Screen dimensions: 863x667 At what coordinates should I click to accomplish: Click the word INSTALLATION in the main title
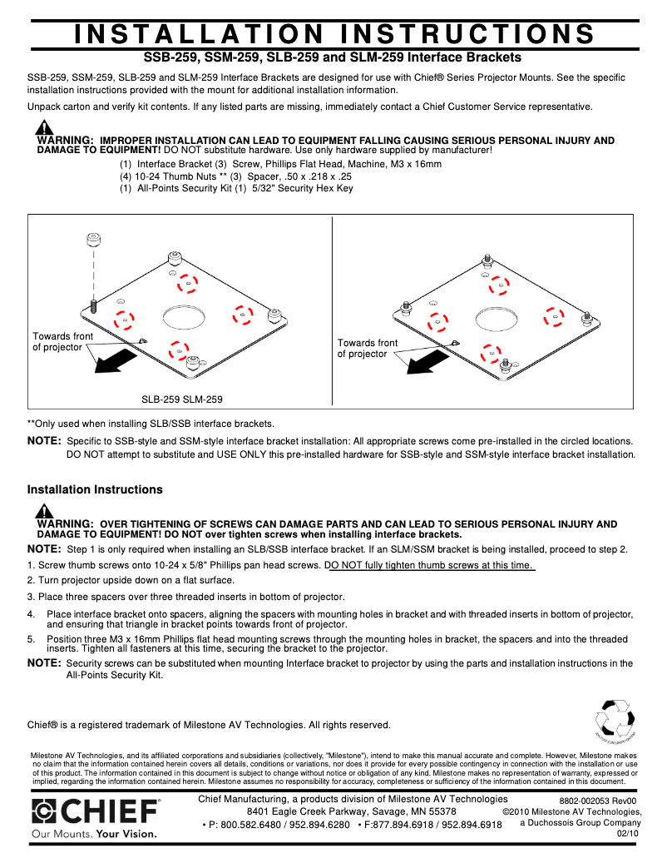tap(199, 33)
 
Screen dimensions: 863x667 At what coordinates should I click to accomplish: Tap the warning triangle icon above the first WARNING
tap(44, 127)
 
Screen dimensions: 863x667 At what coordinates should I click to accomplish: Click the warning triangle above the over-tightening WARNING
tap(44, 511)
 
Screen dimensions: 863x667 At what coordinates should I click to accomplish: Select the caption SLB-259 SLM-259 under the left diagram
tap(181, 399)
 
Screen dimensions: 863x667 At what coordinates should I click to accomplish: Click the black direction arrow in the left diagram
tap(116, 359)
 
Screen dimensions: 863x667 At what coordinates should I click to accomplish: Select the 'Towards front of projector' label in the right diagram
tap(367, 348)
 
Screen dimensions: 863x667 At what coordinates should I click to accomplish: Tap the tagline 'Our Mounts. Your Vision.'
tap(94, 832)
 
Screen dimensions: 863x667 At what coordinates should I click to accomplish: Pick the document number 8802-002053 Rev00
tap(597, 801)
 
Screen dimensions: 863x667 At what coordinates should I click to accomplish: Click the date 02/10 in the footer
tap(628, 833)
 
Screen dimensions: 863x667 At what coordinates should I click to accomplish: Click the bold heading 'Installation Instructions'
tap(95, 489)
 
